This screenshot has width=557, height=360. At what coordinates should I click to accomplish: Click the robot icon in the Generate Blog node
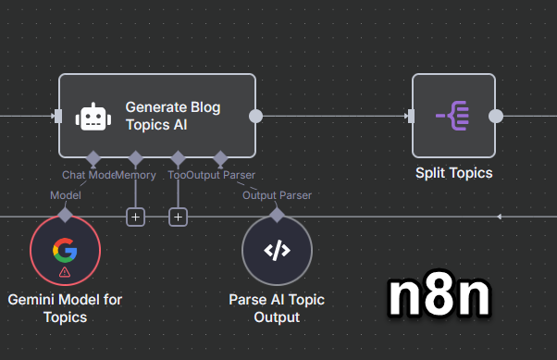[x=93, y=117]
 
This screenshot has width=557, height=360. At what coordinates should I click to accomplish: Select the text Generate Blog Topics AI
[x=174, y=117]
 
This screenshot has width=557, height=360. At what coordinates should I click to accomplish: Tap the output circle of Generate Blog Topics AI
[x=256, y=116]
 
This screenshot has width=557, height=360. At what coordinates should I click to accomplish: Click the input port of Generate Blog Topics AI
[x=57, y=116]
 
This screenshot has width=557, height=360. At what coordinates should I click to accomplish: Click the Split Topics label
[x=453, y=173]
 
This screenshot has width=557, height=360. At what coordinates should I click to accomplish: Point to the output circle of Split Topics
[x=496, y=116]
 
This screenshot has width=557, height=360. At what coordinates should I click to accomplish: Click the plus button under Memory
[x=136, y=217]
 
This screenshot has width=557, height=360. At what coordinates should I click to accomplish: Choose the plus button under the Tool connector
[x=179, y=217]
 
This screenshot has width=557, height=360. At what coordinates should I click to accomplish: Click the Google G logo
[x=65, y=249]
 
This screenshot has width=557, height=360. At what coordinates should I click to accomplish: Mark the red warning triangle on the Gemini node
[x=65, y=273]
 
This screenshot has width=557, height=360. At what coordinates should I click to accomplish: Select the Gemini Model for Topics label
[x=65, y=308]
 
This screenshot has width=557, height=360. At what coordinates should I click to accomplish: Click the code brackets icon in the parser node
[x=277, y=251]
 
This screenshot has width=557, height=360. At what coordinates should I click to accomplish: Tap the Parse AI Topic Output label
[x=277, y=308]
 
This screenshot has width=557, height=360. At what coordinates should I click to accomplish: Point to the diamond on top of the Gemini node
[x=65, y=215]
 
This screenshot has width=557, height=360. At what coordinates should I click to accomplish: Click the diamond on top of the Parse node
[x=277, y=215]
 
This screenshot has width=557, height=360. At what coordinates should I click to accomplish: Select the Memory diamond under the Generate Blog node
[x=136, y=157]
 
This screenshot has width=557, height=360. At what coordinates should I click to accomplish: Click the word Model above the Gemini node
[x=65, y=195]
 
